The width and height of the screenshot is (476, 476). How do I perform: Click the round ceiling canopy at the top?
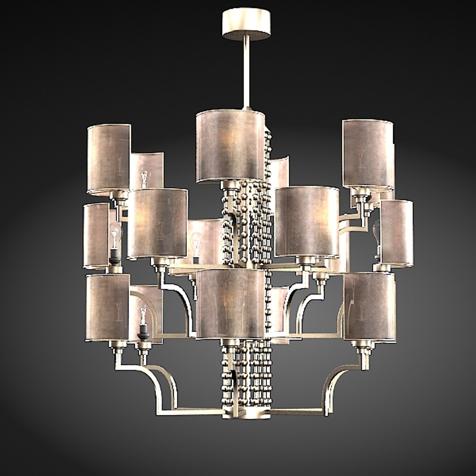[x=246, y=23]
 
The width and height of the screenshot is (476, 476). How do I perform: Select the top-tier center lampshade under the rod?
[x=230, y=145]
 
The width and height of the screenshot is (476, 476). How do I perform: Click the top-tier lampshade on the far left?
[x=109, y=159]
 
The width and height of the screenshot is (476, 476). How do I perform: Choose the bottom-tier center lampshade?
[x=230, y=304]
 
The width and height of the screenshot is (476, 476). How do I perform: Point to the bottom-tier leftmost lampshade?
[x=108, y=307]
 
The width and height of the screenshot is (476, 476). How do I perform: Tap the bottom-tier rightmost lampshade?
[x=369, y=306]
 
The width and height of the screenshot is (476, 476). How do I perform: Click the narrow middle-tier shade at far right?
[x=397, y=233]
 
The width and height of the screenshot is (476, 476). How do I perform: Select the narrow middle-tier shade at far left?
[x=96, y=235]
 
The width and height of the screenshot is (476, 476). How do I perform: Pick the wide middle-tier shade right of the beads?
[x=307, y=221]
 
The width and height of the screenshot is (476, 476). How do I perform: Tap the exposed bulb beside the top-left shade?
[x=144, y=176]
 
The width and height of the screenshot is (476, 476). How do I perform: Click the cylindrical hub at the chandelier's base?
[x=247, y=413]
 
